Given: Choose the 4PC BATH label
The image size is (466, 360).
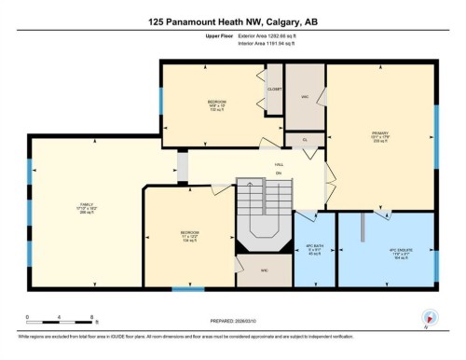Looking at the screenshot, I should click(314, 248).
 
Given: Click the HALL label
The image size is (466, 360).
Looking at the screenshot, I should click(279, 165).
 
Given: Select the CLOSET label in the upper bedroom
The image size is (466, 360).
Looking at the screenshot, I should click(275, 90).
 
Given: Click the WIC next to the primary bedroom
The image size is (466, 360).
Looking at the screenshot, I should click(305, 96).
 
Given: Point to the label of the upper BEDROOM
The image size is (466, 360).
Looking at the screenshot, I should click(217, 104).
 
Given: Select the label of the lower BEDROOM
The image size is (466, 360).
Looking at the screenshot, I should click(190, 235).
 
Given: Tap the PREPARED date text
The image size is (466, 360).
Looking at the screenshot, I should click(233, 323).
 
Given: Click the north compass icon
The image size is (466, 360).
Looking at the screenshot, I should click(430, 318).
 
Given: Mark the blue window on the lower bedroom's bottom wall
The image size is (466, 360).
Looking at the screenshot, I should click(187, 288).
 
